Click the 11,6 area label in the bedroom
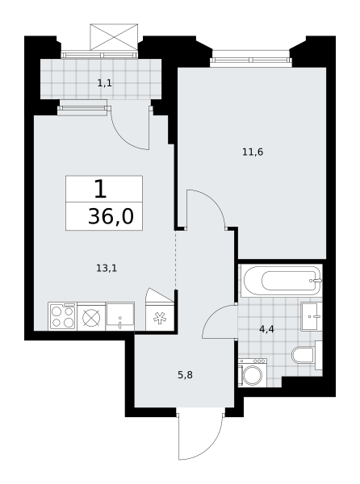[x=253, y=152]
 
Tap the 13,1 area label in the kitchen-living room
[x=107, y=269]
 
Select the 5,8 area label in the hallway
[x=186, y=375]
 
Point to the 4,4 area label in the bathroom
[x=266, y=329]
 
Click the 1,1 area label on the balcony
[x=105, y=83]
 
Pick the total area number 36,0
[x=111, y=216]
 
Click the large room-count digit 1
[x=100, y=189]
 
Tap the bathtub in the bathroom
[x=283, y=281]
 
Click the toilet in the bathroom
[x=307, y=355]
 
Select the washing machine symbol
[x=253, y=372]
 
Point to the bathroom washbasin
[x=312, y=316]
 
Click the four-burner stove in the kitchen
[x=63, y=316]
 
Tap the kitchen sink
[x=119, y=316]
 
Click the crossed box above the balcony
[x=114, y=37]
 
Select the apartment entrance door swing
[x=200, y=436]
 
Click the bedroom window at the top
[x=250, y=60]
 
